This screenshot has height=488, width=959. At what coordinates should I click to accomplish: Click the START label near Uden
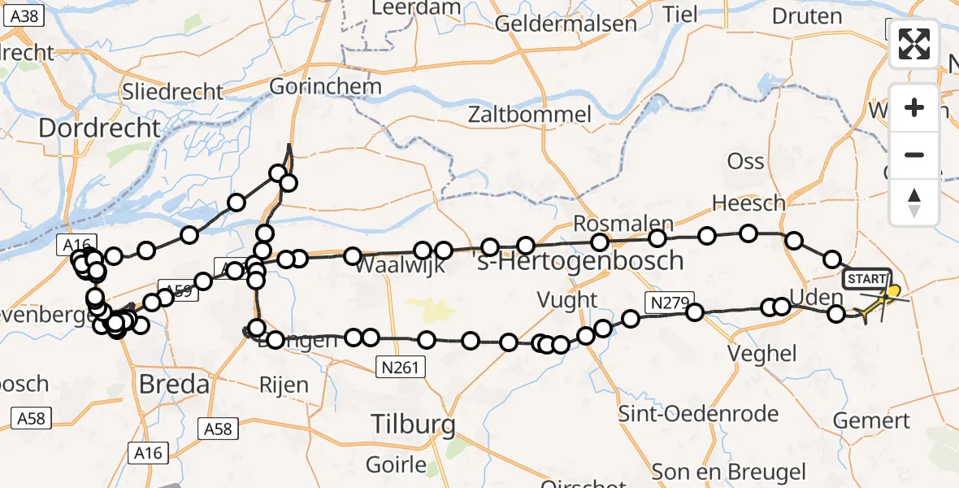click(867, 279)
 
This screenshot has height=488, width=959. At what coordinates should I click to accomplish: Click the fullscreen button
click(914, 43)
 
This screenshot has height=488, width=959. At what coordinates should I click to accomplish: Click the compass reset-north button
click(914, 203)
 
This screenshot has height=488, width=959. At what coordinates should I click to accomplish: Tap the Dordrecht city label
click(99, 127)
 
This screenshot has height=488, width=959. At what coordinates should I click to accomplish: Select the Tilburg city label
click(413, 423)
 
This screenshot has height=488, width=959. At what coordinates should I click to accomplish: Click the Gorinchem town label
click(325, 86)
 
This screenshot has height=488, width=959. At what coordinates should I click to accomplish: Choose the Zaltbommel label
click(529, 115)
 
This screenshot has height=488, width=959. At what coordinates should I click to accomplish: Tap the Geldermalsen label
click(566, 24)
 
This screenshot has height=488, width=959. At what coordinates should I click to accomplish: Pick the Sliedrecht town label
click(172, 91)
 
